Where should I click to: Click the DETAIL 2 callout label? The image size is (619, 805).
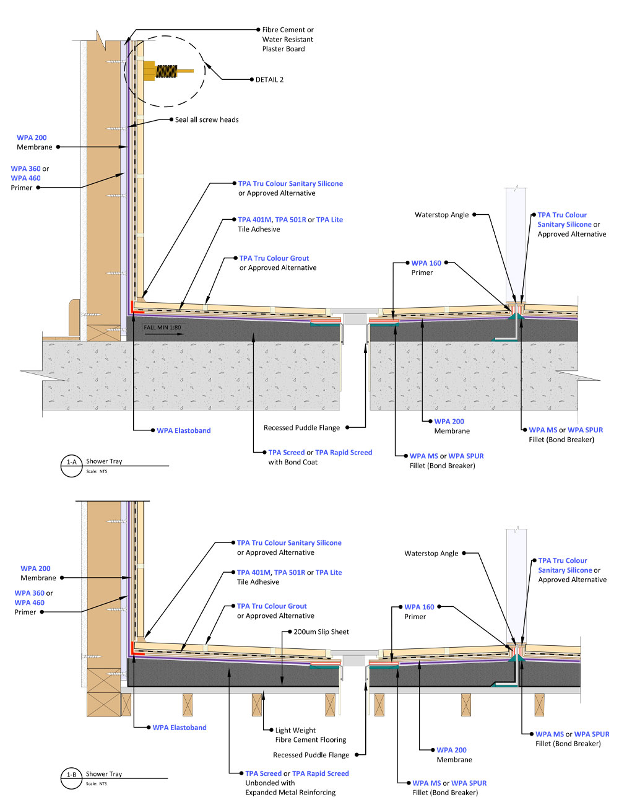click(269, 80)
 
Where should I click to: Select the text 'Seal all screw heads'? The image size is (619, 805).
click(207, 120)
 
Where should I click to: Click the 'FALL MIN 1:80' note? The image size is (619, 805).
click(162, 328)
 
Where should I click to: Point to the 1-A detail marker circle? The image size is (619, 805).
click(71, 466)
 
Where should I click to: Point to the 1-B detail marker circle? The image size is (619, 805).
click(71, 778)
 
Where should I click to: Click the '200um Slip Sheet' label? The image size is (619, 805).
click(321, 632)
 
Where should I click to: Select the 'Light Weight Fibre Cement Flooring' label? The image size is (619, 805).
click(310, 735)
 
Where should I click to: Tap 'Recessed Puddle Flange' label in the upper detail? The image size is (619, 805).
click(301, 427)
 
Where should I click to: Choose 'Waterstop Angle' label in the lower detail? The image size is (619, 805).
click(431, 554)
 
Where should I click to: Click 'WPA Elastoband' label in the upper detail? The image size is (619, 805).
click(183, 430)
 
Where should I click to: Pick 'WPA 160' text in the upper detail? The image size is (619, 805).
click(426, 263)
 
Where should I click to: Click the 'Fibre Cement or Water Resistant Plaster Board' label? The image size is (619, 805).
click(288, 39)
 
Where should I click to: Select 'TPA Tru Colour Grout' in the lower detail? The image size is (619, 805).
click(271, 606)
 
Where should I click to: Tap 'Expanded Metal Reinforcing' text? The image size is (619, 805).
click(290, 793)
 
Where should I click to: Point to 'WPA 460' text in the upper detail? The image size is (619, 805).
click(25, 178)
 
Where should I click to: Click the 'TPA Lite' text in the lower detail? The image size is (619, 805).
click(329, 572)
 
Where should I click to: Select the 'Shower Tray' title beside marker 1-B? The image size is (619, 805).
click(103, 774)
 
